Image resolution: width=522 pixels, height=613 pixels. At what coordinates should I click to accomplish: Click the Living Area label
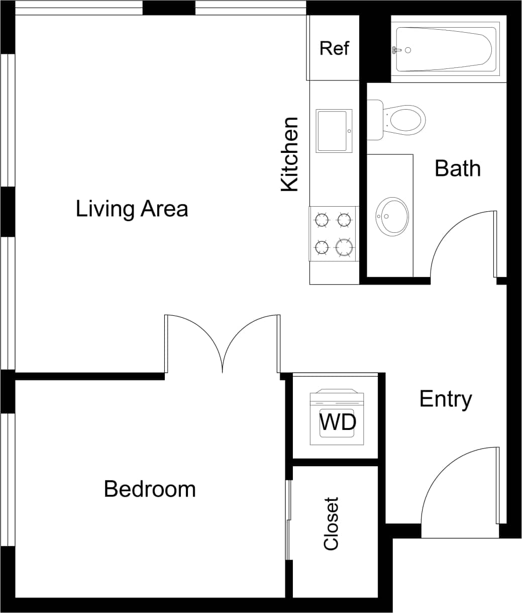[132, 209]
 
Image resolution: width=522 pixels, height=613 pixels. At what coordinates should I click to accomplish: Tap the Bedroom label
[150, 489]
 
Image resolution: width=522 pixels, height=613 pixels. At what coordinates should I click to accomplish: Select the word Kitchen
[290, 154]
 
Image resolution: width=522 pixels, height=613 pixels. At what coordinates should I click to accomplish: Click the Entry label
[446, 399]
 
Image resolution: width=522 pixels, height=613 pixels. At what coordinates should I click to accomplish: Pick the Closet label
[332, 523]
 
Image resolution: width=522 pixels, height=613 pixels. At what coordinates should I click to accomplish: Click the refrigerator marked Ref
[334, 48]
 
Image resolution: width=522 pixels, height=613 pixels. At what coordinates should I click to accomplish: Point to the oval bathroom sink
[392, 216]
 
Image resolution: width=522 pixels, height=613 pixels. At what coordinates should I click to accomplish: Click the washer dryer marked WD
[337, 420]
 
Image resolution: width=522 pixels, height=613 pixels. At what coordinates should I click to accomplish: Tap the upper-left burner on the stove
[322, 220]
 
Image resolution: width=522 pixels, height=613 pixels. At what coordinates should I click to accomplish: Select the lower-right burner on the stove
[345, 247]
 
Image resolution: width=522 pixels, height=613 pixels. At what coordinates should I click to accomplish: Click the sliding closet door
[288, 520]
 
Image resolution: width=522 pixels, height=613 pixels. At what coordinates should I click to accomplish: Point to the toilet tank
[375, 120]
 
